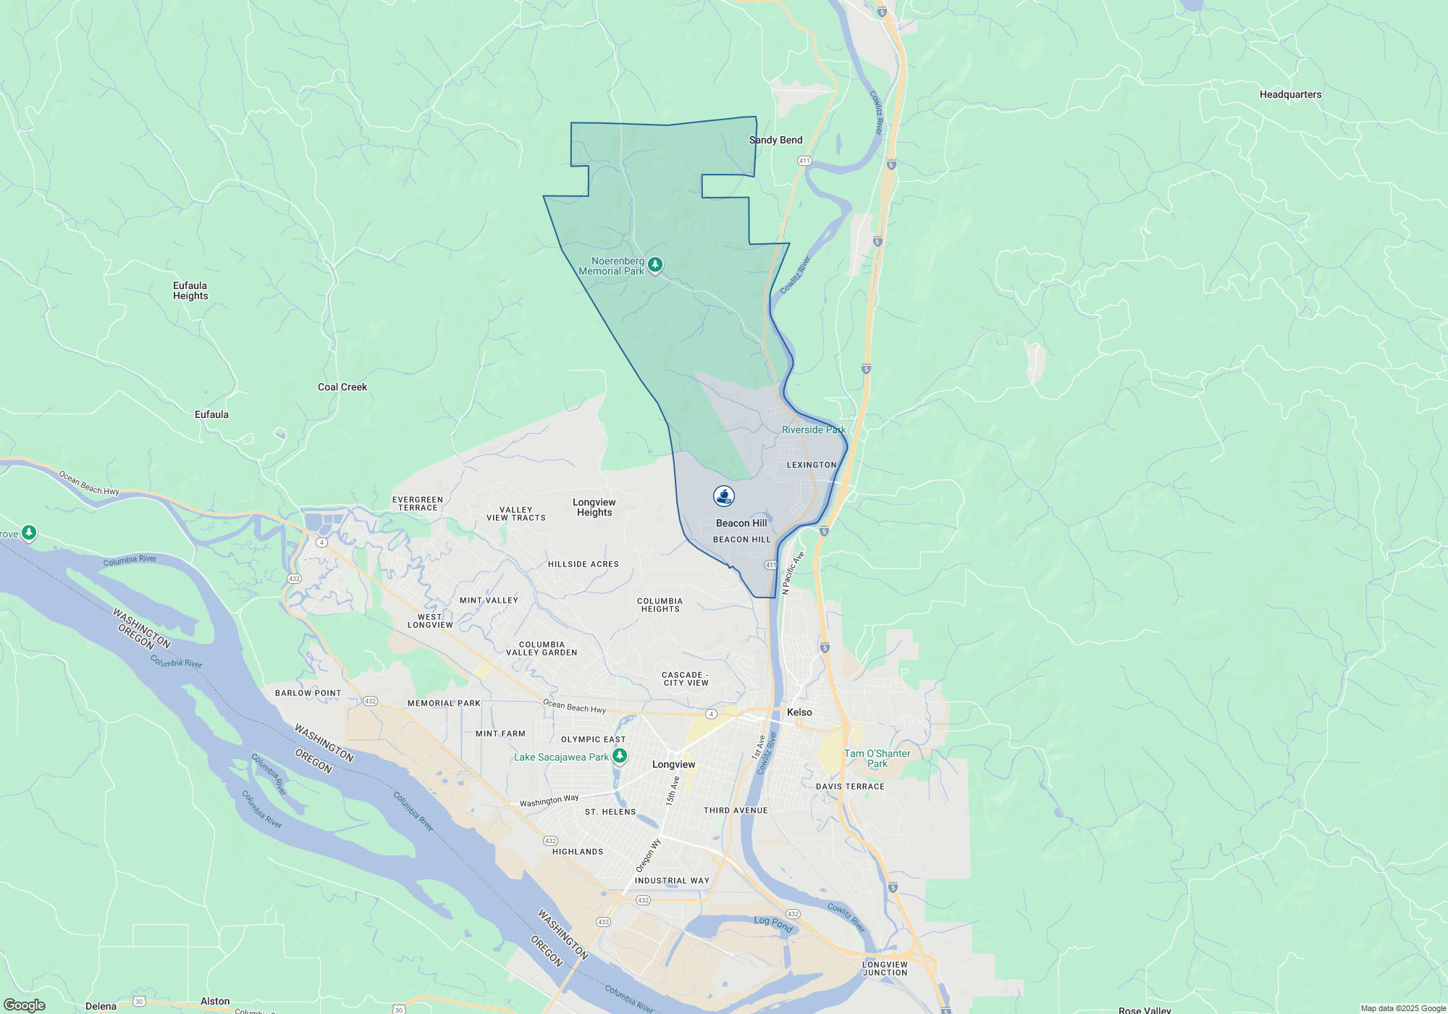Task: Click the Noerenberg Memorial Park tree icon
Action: pos(654,265)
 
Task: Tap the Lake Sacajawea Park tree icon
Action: pos(620,757)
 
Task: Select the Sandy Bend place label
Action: pos(775,140)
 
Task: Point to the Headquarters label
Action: pos(1290,94)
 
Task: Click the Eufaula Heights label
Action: pos(190,290)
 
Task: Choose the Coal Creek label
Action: pos(342,387)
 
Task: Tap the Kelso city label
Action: pos(799,712)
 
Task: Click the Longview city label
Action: pos(673,764)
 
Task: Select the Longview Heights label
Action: pos(594,507)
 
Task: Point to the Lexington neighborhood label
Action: pos(812,465)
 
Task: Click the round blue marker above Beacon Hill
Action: pos(724,496)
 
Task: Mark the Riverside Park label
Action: pos(814,430)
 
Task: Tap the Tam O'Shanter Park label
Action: pos(877,758)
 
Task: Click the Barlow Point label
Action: pos(308,693)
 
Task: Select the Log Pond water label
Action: pos(773,923)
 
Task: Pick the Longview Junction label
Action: pos(885,968)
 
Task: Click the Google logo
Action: pos(25,1005)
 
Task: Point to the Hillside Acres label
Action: pos(584,564)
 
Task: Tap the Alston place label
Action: pos(215,1001)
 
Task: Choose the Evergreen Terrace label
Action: pos(418,503)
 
